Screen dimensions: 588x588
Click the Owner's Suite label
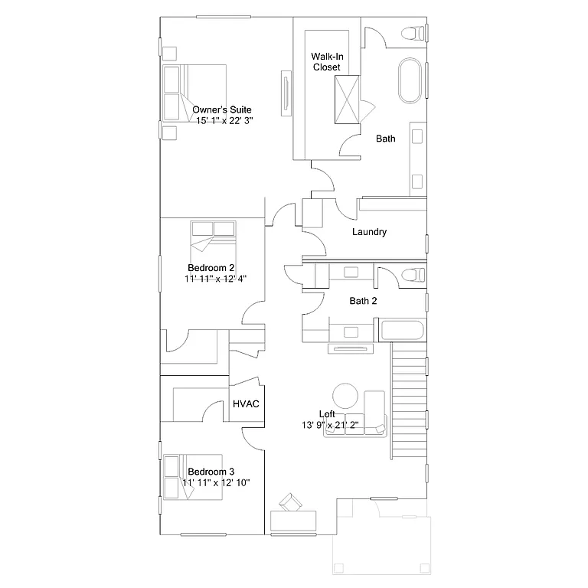pyautogui.click(x=222, y=109)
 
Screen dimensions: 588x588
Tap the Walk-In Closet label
pyautogui.click(x=325, y=62)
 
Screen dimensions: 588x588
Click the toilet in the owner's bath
pyautogui.click(x=414, y=34)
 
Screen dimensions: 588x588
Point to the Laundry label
pyautogui.click(x=369, y=232)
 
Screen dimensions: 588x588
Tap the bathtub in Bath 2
pyautogui.click(x=401, y=332)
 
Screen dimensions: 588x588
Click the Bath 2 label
pyautogui.click(x=363, y=301)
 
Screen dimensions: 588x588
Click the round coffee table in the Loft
pyautogui.click(x=345, y=396)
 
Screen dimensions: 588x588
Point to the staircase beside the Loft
pyautogui.click(x=408, y=398)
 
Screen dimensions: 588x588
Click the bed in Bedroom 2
pyautogui.click(x=214, y=240)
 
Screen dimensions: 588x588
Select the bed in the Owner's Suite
pyautogui.click(x=194, y=93)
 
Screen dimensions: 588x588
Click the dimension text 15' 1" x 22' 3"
pyautogui.click(x=224, y=120)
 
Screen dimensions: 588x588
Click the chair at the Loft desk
pyautogui.click(x=290, y=502)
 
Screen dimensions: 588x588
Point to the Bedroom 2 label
pyautogui.click(x=211, y=268)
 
